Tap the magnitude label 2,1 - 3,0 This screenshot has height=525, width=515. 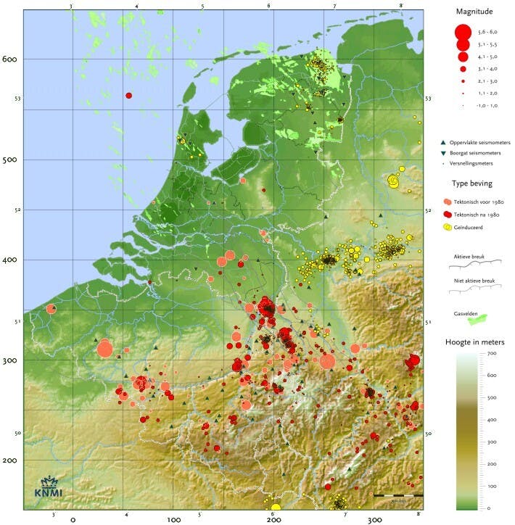pyautogui.click(x=482, y=81)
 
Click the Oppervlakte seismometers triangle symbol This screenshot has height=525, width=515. pyautogui.click(x=442, y=143)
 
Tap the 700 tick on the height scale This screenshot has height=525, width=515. pyautogui.click(x=491, y=354)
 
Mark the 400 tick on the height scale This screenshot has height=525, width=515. pyautogui.click(x=491, y=420)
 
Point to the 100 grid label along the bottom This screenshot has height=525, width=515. pyautogui.click(x=173, y=519)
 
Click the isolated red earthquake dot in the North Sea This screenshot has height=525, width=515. pyautogui.click(x=129, y=96)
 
